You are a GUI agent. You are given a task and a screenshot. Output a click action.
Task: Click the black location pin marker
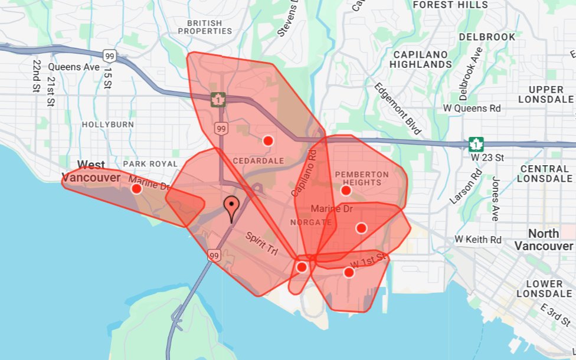[x=232, y=208]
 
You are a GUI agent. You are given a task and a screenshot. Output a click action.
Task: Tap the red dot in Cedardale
[x=268, y=140]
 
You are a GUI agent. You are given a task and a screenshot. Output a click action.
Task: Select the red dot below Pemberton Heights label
[x=346, y=190]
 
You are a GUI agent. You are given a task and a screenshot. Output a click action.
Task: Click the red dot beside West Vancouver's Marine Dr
[x=136, y=189]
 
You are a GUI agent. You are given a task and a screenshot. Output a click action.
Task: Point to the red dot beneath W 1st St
[x=349, y=272]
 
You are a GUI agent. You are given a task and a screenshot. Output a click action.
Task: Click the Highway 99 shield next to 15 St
[x=109, y=56]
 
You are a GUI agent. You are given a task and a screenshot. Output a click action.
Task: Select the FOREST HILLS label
[x=450, y=5]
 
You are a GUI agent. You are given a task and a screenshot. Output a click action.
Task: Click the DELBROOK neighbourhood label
[x=487, y=37]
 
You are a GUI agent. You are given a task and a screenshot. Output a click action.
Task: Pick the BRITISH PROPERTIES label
[x=204, y=27]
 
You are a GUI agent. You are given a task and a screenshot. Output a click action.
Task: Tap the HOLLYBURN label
[x=108, y=125]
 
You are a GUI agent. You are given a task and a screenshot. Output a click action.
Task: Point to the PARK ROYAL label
[x=150, y=163]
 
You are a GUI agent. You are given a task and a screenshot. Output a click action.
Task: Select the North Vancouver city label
[x=544, y=240]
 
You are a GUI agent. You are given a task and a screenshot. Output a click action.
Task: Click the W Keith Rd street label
[x=478, y=240]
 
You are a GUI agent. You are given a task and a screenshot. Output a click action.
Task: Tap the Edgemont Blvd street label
[x=398, y=108]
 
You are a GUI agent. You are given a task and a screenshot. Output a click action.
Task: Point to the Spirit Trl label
[x=261, y=242]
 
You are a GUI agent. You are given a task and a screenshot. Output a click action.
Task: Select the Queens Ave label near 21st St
[x=74, y=67]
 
